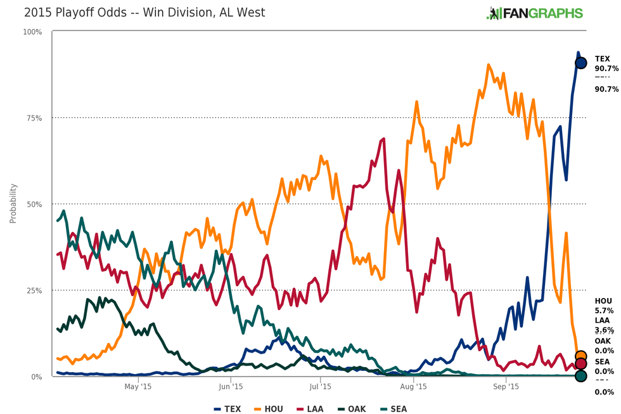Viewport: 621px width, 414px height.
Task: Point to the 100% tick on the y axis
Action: pyautogui.click(x=32, y=32)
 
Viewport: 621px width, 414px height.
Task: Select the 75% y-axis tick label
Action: pyautogui.click(x=34, y=118)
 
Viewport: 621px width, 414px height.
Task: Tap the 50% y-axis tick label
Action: pyautogui.click(x=34, y=204)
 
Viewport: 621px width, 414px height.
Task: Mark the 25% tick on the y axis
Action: pyautogui.click(x=34, y=290)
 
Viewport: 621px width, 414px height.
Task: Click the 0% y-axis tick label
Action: pyautogui.click(x=37, y=377)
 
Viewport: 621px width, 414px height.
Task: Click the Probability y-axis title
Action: pyautogui.click(x=13, y=204)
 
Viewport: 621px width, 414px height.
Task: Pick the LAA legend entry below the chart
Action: pyautogui.click(x=311, y=409)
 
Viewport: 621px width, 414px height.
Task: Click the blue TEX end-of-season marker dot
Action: pyautogui.click(x=580, y=63)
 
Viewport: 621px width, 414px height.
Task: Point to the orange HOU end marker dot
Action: pyautogui.click(x=580, y=356)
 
